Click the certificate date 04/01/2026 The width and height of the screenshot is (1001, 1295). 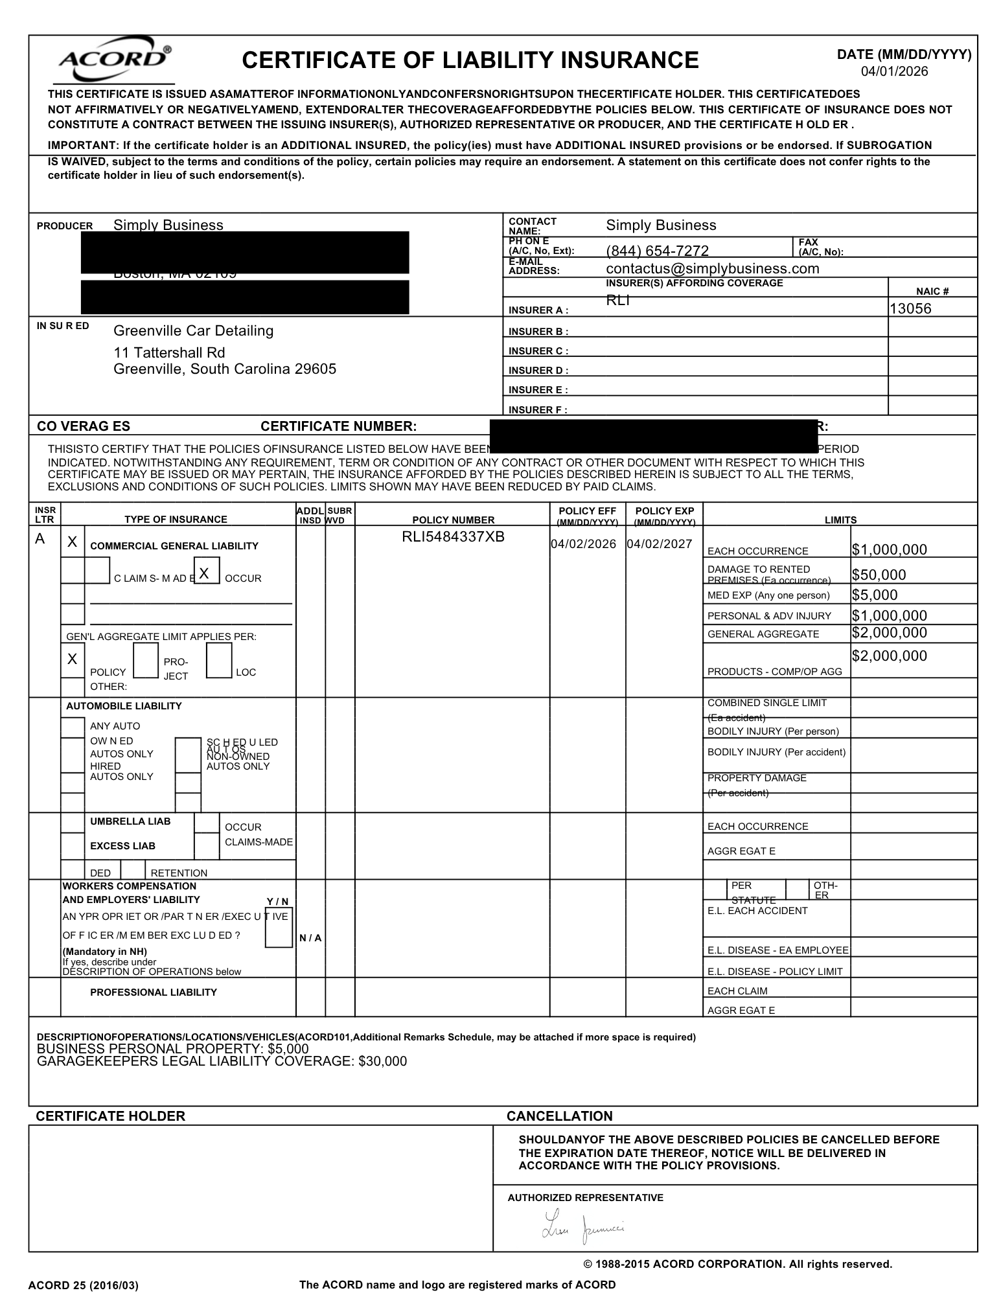[x=894, y=71]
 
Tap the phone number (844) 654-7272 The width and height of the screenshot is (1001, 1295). [x=657, y=251]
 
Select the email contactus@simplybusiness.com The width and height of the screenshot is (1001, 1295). [x=712, y=268]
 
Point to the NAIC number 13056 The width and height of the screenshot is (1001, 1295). [x=910, y=308]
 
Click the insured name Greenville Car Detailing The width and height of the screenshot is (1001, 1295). [x=193, y=330]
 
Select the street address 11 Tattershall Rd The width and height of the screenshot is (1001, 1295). [x=169, y=352]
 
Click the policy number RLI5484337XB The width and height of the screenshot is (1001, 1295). [x=453, y=536]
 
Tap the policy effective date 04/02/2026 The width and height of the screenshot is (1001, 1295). [x=583, y=544]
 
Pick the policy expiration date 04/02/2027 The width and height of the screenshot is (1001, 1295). [x=660, y=544]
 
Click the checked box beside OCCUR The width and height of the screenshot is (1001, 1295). [x=206, y=573]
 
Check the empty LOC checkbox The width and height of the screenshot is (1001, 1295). [x=219, y=661]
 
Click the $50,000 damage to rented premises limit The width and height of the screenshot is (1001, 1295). [x=879, y=575]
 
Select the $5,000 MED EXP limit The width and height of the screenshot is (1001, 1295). [x=875, y=595]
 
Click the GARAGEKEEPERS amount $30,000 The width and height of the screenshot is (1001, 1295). [x=382, y=1061]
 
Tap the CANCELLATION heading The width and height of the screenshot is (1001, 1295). [x=559, y=1116]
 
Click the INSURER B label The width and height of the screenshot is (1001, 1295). [x=538, y=332]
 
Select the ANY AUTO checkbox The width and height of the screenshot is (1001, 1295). [x=73, y=727]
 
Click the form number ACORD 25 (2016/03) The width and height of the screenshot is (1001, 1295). [x=83, y=1285]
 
